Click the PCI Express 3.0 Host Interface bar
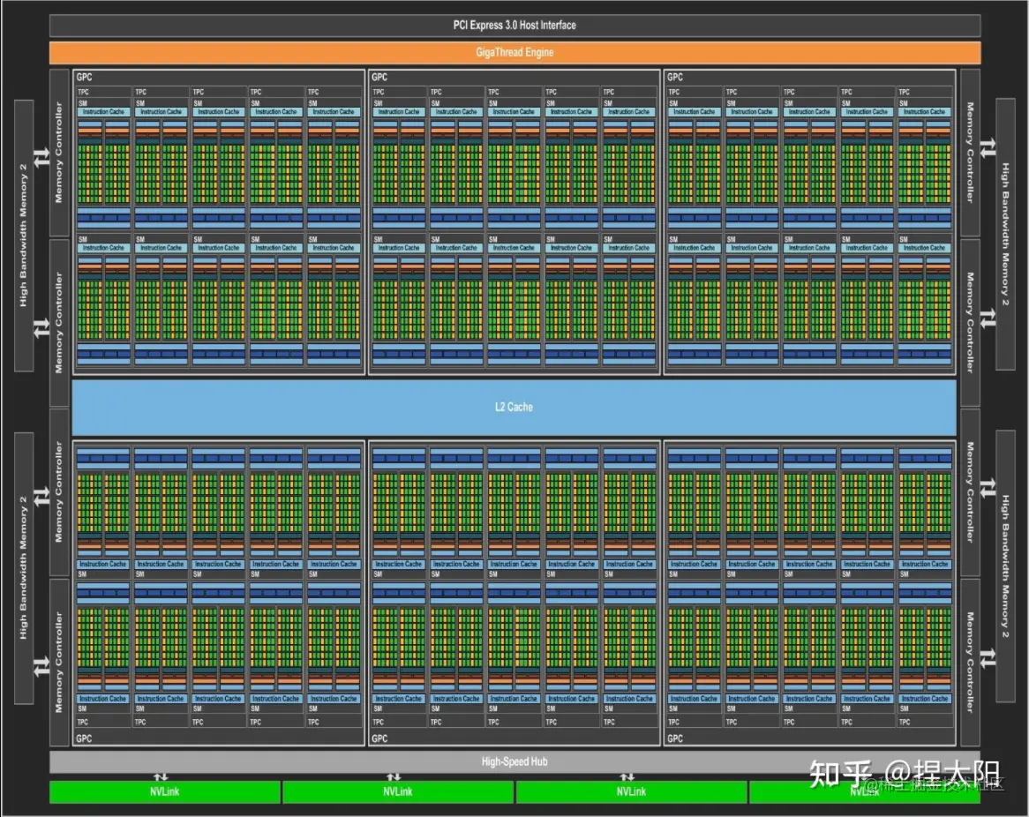(x=514, y=26)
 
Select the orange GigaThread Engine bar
(x=514, y=52)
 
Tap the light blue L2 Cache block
(x=514, y=407)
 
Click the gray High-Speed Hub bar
(x=514, y=761)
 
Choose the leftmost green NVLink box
(x=164, y=791)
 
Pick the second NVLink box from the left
(x=398, y=791)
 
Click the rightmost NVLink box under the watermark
(x=864, y=792)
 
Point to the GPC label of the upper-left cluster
(x=84, y=78)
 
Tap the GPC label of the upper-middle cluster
(x=379, y=78)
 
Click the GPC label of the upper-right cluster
(x=675, y=78)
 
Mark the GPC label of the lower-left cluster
(x=84, y=738)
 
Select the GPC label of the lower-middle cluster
(x=379, y=738)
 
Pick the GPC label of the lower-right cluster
(x=675, y=738)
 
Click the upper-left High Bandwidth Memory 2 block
(x=24, y=235)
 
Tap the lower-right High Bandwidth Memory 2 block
(x=1005, y=566)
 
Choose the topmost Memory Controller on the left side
(x=59, y=153)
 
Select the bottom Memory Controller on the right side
(x=970, y=662)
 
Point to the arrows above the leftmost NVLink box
(x=161, y=777)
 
